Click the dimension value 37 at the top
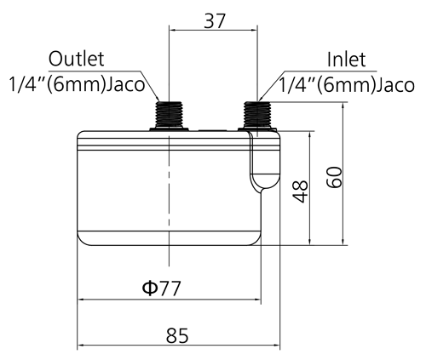[215, 20]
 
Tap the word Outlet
[77, 59]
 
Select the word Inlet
[346, 60]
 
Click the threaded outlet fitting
[169, 115]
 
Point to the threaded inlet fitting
[257, 115]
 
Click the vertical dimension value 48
[300, 191]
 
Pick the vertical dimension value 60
[334, 177]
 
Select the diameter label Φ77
[161, 289]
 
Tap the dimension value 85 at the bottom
[177, 335]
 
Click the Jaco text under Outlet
[126, 84]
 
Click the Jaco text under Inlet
[395, 85]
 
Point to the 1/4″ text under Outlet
[26, 84]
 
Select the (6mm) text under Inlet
[346, 85]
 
